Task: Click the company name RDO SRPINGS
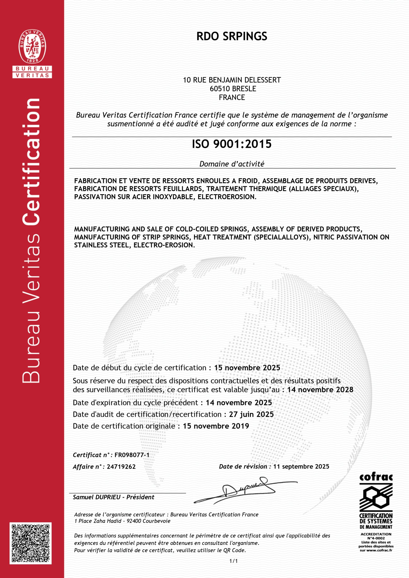pos(232,37)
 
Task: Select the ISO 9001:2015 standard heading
pos(232,144)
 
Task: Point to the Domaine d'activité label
pos(232,164)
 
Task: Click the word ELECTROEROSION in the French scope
pos(227,197)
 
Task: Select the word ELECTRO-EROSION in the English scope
pos(164,245)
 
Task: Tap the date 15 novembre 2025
pos(247,368)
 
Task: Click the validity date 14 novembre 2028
pos(320,390)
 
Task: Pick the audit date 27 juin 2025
pos(251,414)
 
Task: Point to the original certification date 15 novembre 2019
pos(216,426)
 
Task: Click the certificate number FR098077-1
pos(132,455)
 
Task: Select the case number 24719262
pos(121,466)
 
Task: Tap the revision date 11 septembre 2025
pos(301,466)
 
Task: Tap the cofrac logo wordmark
pos(376,477)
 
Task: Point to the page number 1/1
pos(233,561)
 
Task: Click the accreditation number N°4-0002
pos(376,538)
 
